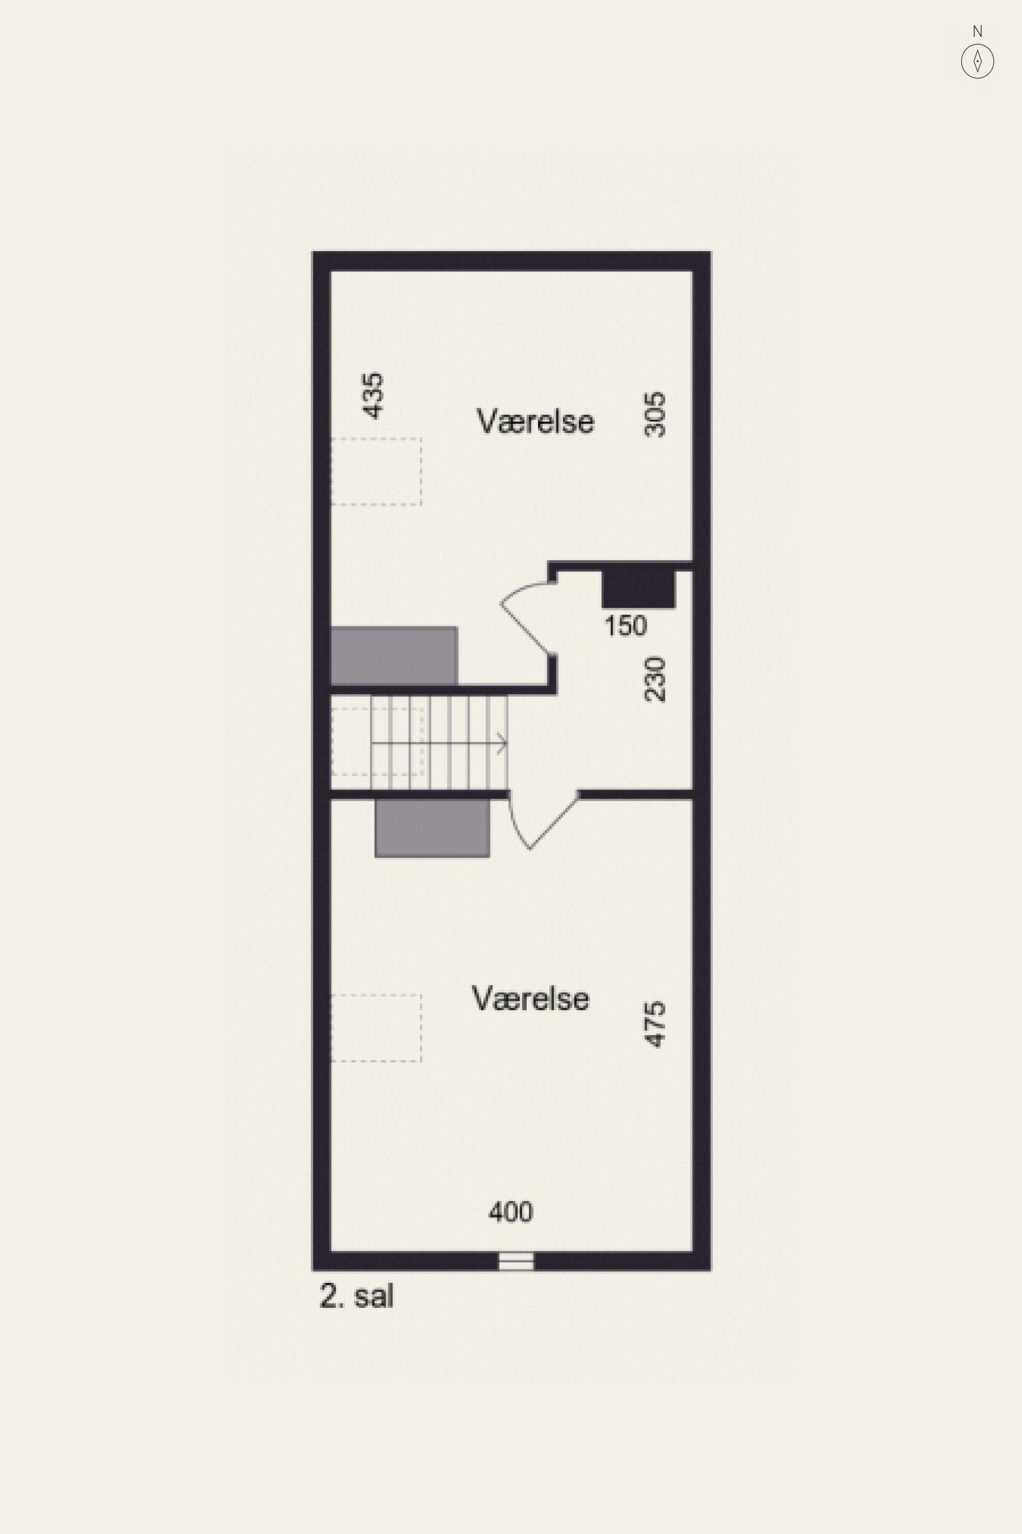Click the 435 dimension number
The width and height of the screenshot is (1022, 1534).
pyautogui.click(x=373, y=395)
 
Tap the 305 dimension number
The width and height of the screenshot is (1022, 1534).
pyautogui.click(x=655, y=414)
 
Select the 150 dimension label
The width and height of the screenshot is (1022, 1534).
pyautogui.click(x=625, y=626)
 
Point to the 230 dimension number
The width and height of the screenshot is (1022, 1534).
pyautogui.click(x=655, y=679)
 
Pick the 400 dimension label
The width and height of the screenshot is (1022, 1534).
pyautogui.click(x=511, y=1212)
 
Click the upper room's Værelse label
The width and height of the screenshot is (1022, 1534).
pyautogui.click(x=535, y=421)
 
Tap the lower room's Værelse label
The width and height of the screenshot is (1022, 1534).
pyautogui.click(x=530, y=999)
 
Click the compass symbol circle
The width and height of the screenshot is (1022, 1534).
pyautogui.click(x=977, y=62)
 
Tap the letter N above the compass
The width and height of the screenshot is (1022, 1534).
pyautogui.click(x=977, y=31)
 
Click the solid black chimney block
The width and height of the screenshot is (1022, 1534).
pyautogui.click(x=639, y=589)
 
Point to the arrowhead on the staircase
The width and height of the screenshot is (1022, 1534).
pyautogui.click(x=502, y=743)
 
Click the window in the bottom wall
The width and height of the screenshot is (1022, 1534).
pyautogui.click(x=516, y=1261)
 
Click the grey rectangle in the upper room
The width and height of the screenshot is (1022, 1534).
pyautogui.click(x=393, y=656)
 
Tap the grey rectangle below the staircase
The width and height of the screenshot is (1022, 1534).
pyautogui.click(x=432, y=828)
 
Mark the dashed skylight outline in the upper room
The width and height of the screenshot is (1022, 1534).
pyautogui.click(x=376, y=471)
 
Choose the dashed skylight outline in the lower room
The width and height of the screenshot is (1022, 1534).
pyautogui.click(x=376, y=1028)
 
